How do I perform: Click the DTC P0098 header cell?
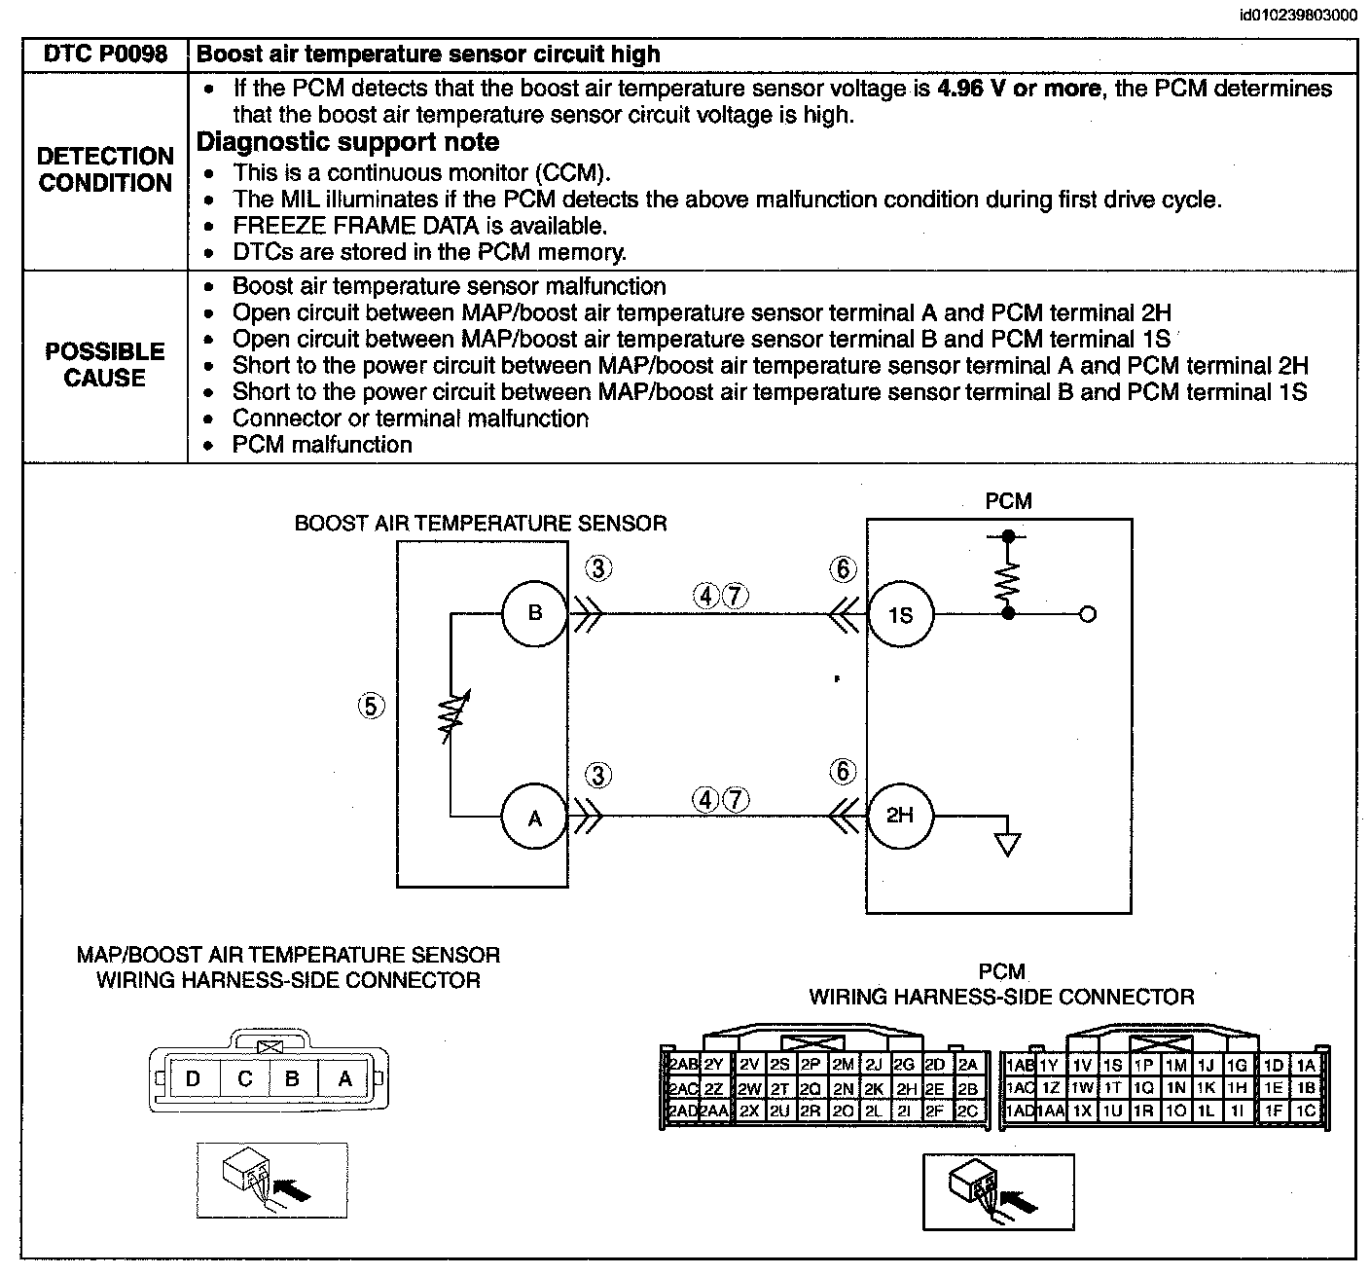point(105,54)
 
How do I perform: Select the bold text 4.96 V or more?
point(1019,89)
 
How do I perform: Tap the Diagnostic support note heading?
point(347,141)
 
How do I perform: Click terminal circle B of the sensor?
point(534,613)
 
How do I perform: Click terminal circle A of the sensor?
point(534,817)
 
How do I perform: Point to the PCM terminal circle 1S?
point(900,614)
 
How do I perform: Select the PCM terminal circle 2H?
point(900,816)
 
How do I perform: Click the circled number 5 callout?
point(371,706)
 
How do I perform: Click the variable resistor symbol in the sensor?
point(453,716)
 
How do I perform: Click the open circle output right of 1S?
point(1087,614)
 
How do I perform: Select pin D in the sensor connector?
point(194,1078)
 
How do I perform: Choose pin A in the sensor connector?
point(344,1078)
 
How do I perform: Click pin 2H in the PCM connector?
point(907,1089)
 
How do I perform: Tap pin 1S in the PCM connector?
point(1112,1065)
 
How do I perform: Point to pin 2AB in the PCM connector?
point(683,1065)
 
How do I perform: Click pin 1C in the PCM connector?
point(1305,1111)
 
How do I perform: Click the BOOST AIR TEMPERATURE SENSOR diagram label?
point(481,524)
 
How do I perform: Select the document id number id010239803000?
point(1298,15)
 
